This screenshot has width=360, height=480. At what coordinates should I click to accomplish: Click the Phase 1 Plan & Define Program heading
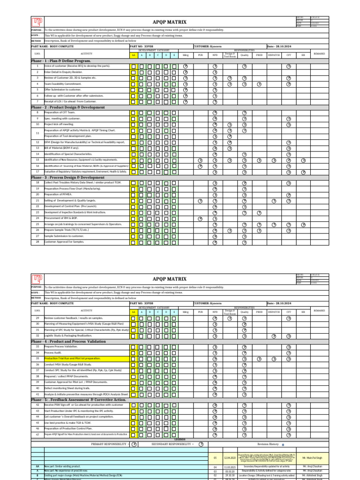61,61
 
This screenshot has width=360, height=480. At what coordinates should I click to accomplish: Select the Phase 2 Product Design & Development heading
68,107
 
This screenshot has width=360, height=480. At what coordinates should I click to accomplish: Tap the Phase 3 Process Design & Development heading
67,178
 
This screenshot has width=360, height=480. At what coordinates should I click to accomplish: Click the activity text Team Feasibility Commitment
63,84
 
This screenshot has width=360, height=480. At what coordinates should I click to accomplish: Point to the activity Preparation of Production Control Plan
68,428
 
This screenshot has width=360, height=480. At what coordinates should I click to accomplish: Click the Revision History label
268,443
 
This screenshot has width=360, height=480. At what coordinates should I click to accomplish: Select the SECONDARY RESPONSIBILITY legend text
171,443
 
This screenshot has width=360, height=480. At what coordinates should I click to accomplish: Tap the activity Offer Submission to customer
62,90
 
